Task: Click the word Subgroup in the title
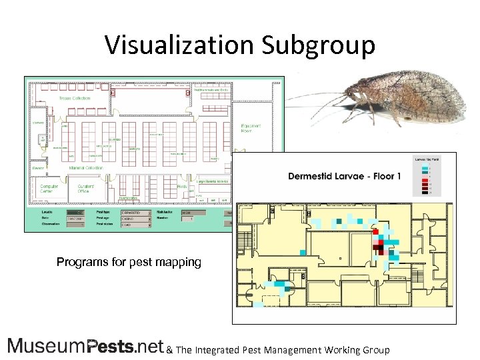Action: tap(318, 45)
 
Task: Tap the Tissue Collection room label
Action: tap(75, 99)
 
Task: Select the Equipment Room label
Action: tap(251, 128)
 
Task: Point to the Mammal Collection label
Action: tap(87, 168)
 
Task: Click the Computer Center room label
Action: tap(49, 189)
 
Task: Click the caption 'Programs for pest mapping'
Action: tap(129, 262)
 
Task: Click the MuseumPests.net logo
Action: tap(85, 346)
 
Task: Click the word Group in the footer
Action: tap(375, 349)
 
